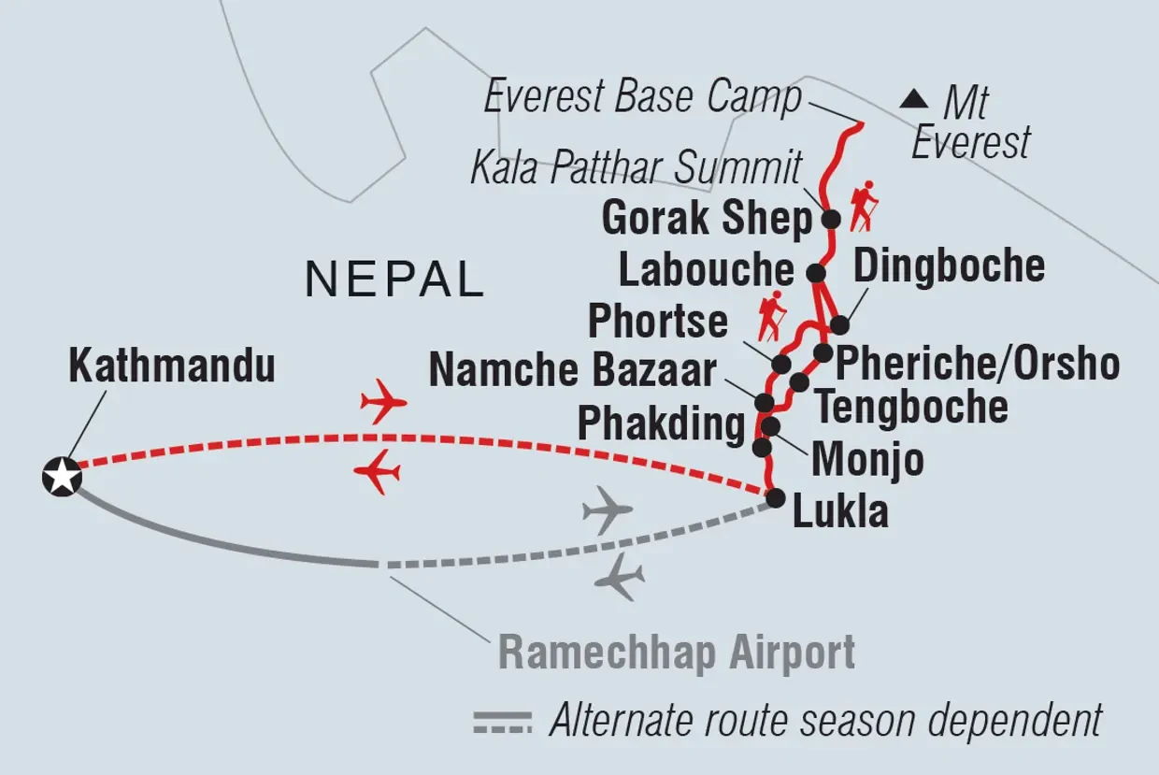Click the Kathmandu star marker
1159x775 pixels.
63,477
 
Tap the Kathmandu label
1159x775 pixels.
172,366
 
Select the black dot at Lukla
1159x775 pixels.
775,499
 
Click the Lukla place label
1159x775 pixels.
840,512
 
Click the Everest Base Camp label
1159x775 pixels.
643,97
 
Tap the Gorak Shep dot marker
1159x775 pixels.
830,220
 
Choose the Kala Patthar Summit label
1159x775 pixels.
636,169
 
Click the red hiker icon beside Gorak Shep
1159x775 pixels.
861,206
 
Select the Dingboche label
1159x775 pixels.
950,266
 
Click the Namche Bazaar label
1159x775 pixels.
572,370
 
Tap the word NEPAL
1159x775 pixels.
395,280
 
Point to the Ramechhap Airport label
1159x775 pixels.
677,652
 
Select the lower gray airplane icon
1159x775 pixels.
619,580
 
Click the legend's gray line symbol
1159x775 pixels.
503,722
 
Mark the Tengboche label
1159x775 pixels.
912,408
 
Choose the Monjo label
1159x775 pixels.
867,459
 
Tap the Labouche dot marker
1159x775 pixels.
816,273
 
